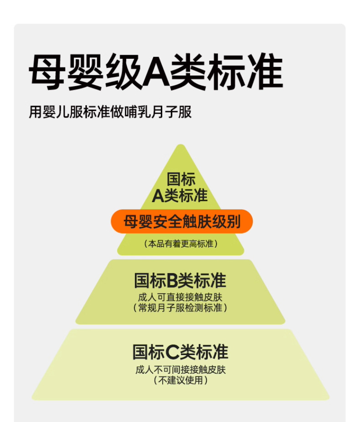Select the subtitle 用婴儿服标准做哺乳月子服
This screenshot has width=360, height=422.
110,112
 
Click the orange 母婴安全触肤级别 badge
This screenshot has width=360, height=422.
181,222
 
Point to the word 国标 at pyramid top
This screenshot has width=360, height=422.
181,179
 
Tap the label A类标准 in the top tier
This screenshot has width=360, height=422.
180,195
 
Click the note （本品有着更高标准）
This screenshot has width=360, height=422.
181,244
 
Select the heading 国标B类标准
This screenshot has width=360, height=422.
180,280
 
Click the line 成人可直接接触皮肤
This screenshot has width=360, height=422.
180,297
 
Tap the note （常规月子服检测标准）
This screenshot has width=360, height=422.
180,308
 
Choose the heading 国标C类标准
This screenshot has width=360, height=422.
180,352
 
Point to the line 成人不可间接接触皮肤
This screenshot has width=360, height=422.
180,369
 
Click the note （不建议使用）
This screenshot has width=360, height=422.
180,380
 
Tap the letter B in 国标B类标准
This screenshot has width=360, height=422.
172,281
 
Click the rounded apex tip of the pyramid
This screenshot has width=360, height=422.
181,147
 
